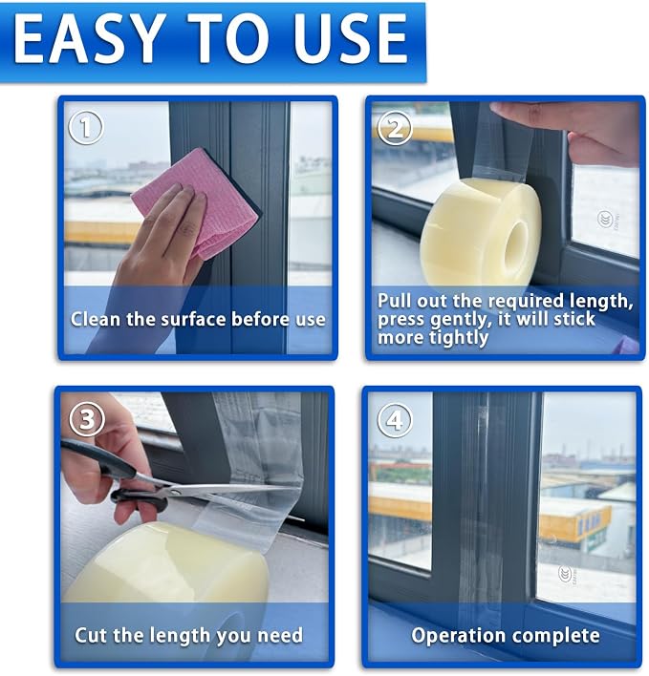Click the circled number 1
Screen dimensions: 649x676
tap(86, 127)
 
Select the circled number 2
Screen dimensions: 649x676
tap(395, 128)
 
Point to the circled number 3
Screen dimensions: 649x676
tap(87, 419)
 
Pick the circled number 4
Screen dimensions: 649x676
tap(395, 420)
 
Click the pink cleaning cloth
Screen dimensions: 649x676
tap(195, 202)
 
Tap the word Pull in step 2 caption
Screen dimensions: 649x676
tap(394, 301)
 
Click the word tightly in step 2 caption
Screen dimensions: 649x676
tap(458, 338)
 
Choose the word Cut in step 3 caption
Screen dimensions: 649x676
tap(90, 635)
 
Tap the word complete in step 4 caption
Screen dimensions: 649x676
tap(555, 636)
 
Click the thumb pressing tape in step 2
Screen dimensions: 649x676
tap(518, 114)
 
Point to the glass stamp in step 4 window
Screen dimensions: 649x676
tap(566, 574)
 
